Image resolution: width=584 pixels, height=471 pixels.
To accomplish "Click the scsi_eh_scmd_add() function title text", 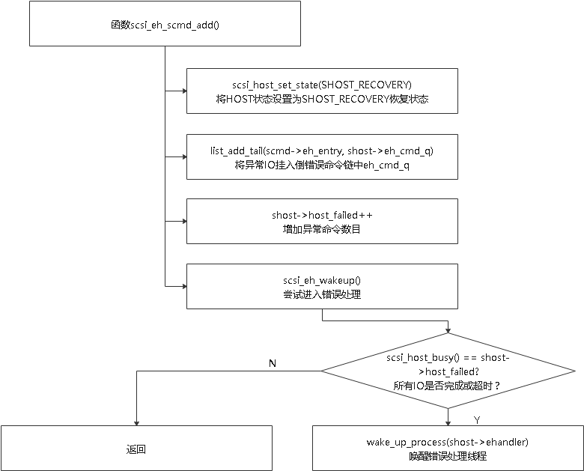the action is (x=165, y=25).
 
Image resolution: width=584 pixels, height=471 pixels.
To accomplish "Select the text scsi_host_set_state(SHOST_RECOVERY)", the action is (x=322, y=85).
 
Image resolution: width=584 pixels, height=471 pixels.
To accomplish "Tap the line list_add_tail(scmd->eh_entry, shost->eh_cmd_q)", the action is (x=322, y=151).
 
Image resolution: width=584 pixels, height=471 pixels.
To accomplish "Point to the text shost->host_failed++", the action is (x=322, y=216).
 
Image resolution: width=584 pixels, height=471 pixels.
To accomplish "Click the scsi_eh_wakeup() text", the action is (x=322, y=280).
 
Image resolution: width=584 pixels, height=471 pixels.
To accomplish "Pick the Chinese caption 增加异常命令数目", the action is (x=322, y=229).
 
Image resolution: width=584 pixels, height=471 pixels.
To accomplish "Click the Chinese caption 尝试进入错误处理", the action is (x=322, y=294).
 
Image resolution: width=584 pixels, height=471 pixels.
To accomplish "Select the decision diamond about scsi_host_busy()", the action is (x=448, y=371).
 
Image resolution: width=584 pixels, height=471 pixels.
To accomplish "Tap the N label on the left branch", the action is (x=273, y=363).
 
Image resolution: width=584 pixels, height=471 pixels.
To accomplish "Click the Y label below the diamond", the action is (x=477, y=420).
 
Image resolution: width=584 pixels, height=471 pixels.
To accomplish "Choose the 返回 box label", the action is (x=136, y=449).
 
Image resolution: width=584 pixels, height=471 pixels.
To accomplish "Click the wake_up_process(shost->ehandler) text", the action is (x=448, y=443).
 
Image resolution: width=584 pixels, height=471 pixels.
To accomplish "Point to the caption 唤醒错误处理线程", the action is (x=448, y=456).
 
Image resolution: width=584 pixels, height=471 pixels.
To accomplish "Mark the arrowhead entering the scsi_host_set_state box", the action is (x=184, y=91).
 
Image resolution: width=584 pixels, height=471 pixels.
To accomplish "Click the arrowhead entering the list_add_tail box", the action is (x=184, y=157).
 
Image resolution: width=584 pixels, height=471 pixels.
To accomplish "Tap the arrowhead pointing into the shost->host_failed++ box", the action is (x=184, y=222).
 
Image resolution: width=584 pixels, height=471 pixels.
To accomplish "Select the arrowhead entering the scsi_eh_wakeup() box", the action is (x=184, y=286).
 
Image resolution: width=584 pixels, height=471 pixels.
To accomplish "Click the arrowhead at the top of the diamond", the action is (x=448, y=330).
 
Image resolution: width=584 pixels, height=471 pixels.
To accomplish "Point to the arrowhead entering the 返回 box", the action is (x=137, y=423).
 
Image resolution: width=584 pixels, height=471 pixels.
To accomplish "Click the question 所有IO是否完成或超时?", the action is (x=447, y=386).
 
